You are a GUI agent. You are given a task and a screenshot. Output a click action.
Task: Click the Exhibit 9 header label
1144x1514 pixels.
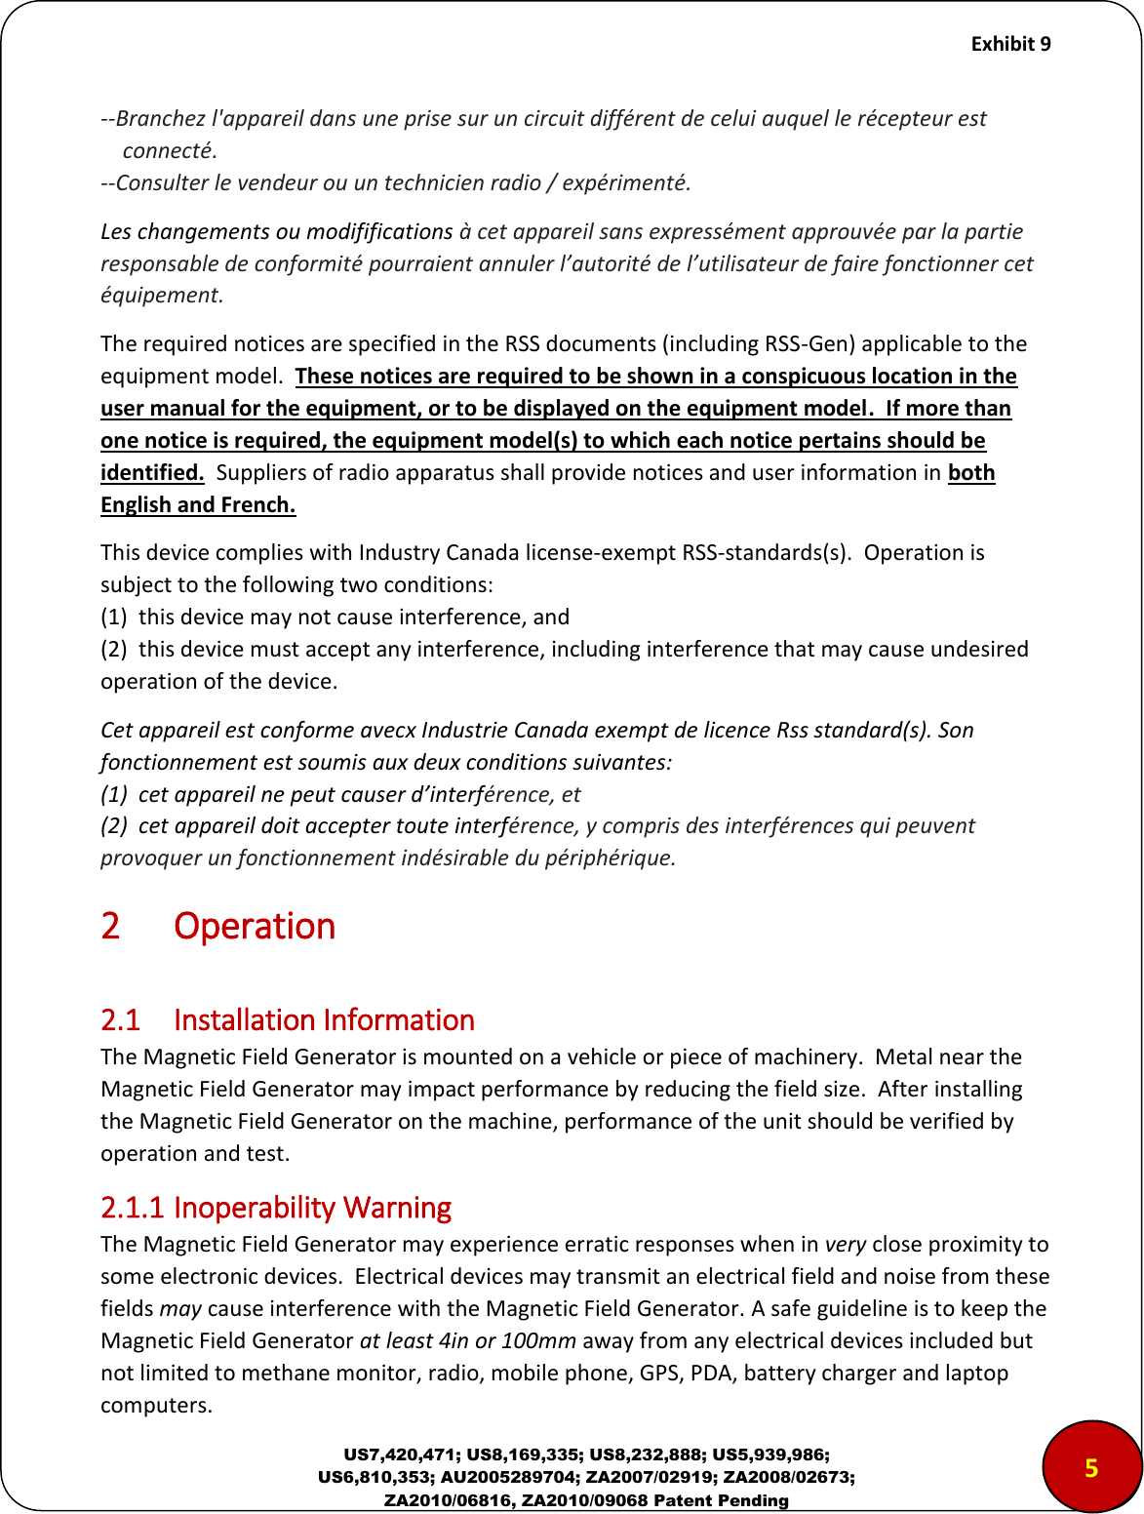pos(1010,44)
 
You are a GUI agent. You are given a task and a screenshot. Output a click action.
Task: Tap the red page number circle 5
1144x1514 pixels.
pos(1091,1467)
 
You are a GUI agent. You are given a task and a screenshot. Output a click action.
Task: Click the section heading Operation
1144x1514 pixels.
pos(255,926)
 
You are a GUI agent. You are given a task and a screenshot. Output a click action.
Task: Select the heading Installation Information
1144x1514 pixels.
pos(324,1020)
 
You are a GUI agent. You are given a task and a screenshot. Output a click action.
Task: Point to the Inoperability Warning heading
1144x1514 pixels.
pos(312,1208)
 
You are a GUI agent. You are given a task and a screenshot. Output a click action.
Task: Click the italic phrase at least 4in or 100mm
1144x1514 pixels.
pos(468,1340)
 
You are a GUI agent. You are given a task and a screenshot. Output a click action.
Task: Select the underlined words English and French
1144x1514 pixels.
pos(198,504)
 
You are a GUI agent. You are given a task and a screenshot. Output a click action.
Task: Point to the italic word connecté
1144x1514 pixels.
pos(170,150)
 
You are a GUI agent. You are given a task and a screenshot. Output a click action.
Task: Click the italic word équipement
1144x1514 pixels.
pos(162,295)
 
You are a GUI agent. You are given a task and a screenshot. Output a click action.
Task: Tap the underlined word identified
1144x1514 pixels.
pos(152,472)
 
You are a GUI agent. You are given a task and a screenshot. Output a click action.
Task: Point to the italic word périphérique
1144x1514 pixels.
pos(614,857)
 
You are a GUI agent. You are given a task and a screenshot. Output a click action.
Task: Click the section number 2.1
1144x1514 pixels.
pos(121,1020)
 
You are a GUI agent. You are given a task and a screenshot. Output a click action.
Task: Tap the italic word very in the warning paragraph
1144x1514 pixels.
pos(846,1244)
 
